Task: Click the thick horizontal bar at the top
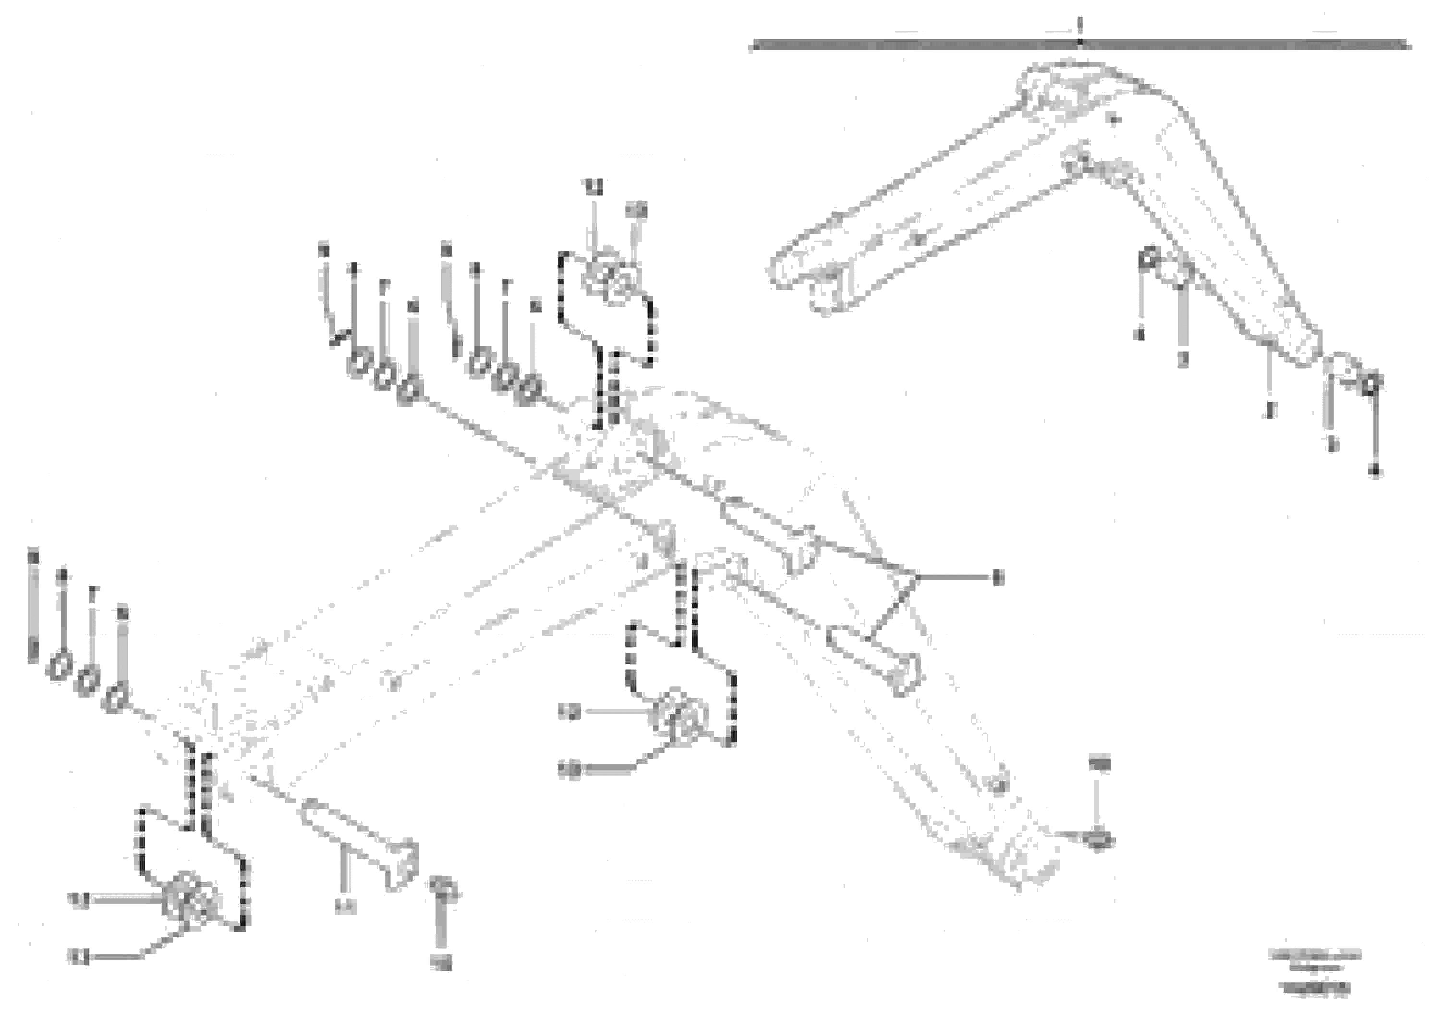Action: (x=1080, y=44)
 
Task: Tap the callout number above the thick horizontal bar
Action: (x=1080, y=25)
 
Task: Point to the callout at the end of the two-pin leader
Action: (x=998, y=579)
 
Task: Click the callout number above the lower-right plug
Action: (x=1099, y=763)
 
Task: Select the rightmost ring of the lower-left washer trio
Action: (x=116, y=699)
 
